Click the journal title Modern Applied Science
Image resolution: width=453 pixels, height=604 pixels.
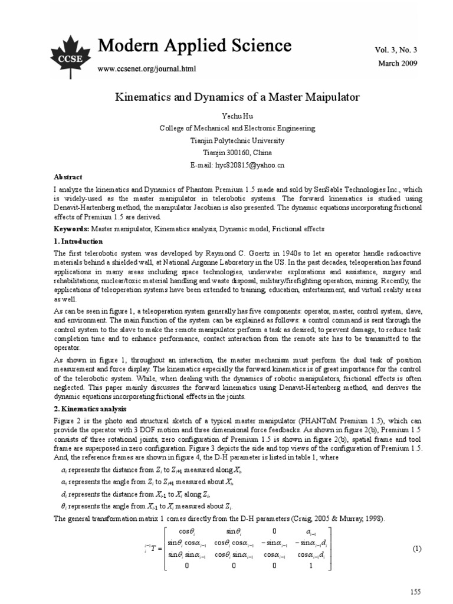coord(194,45)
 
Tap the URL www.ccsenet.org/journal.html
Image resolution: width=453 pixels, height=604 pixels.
coord(146,68)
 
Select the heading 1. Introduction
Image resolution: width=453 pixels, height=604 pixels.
coord(78,241)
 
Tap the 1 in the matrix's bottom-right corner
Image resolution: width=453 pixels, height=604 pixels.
coord(310,564)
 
